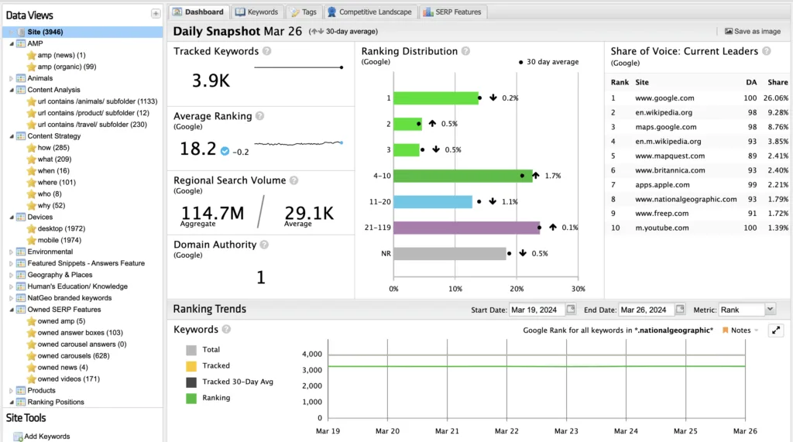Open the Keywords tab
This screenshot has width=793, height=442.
click(x=257, y=12)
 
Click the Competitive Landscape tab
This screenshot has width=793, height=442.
click(x=371, y=12)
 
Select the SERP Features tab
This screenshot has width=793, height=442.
click(x=454, y=12)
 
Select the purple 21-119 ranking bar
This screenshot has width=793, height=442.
click(x=466, y=228)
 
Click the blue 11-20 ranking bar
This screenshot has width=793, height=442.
click(x=432, y=202)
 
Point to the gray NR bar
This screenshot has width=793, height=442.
click(x=449, y=254)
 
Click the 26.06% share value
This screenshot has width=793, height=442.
click(x=777, y=98)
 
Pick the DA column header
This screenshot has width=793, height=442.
click(x=729, y=81)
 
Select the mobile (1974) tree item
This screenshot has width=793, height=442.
click(x=60, y=240)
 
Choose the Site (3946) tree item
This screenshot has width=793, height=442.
click(x=45, y=32)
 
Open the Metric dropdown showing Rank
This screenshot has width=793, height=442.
click(x=747, y=310)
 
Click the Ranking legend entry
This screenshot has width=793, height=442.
click(x=216, y=398)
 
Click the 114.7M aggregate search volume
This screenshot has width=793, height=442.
click(x=212, y=214)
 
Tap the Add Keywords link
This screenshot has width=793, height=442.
click(x=46, y=437)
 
